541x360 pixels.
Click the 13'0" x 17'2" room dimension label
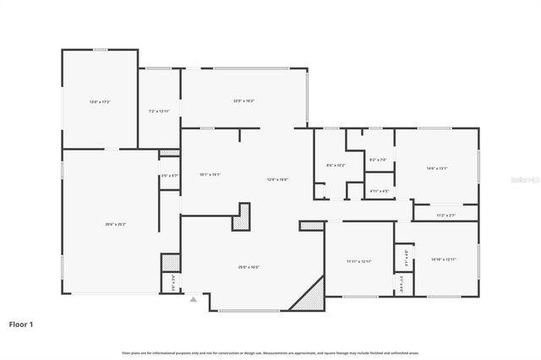(100, 102)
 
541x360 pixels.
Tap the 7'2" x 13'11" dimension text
(159, 111)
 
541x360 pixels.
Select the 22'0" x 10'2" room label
(244, 101)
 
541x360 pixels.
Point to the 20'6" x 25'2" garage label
(115, 224)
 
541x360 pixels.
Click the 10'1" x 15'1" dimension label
(210, 175)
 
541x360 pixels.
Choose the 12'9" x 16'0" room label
(278, 179)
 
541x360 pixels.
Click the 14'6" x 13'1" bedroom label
(436, 168)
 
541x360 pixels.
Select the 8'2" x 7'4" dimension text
(379, 160)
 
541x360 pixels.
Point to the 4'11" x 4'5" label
(380, 191)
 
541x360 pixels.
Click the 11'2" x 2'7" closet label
(445, 215)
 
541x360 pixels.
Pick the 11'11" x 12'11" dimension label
(359, 261)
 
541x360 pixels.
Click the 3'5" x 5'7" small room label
(169, 176)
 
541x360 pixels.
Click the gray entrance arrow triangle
(194, 298)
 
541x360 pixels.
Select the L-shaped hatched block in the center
(244, 216)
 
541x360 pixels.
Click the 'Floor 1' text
(20, 324)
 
